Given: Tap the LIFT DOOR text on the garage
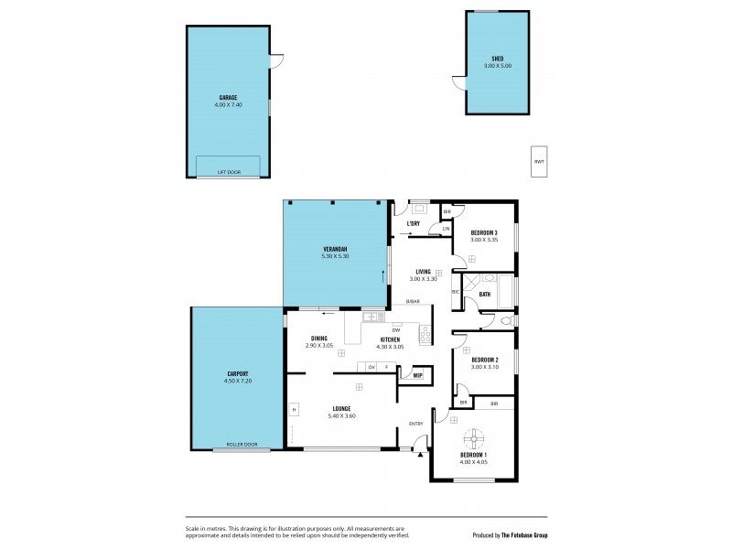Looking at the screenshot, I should [x=229, y=172].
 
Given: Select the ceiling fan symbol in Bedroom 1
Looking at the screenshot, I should [x=474, y=437].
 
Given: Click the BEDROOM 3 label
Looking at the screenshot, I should [x=484, y=233].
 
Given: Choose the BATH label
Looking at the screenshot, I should [x=484, y=294].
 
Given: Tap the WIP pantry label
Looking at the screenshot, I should [x=416, y=375].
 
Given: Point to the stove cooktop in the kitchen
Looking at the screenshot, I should [x=425, y=336].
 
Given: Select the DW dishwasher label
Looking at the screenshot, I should [x=396, y=329].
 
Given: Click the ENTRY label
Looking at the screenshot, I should [x=415, y=424].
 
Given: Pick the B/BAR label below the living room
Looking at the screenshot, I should [x=413, y=301].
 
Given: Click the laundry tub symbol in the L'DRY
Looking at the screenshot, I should [x=417, y=206].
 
